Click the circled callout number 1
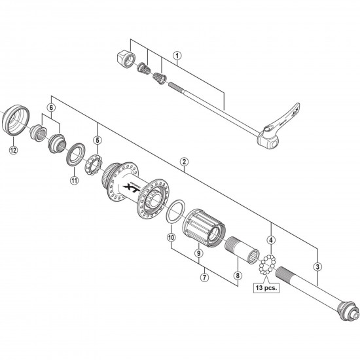point(177,56)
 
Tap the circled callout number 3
point(317,266)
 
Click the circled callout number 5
point(97,139)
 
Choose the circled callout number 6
point(50,107)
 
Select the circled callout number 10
point(171,237)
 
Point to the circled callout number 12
point(12,150)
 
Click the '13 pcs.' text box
point(266,286)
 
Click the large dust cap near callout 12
point(16,120)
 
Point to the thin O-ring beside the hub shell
point(173,211)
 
